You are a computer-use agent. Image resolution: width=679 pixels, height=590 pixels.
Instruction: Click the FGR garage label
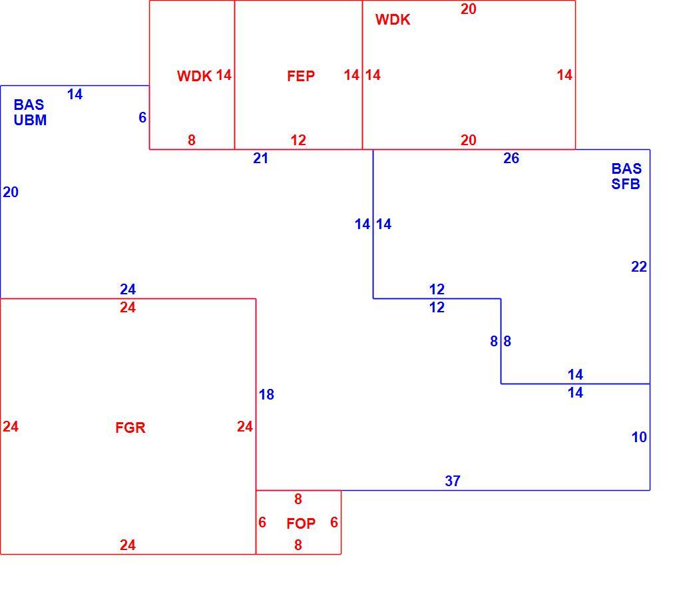coord(130,428)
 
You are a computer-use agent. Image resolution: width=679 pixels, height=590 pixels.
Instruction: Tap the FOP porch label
coord(301,523)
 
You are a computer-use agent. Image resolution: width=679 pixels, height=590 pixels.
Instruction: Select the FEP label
coord(301,76)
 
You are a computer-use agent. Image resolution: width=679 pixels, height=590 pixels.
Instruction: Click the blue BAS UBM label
coord(30,113)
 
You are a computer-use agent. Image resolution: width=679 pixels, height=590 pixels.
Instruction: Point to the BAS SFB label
coord(626,176)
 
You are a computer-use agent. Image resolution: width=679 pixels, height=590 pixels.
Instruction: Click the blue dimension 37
coord(453,481)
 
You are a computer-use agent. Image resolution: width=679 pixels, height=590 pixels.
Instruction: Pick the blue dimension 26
coord(511,158)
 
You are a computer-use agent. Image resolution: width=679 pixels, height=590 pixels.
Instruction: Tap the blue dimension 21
coord(261,158)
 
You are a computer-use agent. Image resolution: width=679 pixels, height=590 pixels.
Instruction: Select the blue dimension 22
coord(639,266)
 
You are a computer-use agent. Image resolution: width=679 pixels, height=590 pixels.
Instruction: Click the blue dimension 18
coord(266,395)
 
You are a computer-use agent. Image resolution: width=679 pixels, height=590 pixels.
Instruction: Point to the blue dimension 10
coord(639,437)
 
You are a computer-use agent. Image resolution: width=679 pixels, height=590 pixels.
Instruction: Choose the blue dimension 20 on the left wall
coord(11,192)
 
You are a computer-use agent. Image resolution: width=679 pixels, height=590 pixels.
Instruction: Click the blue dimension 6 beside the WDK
coord(142,117)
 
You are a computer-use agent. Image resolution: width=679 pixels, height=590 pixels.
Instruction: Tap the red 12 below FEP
coord(298,140)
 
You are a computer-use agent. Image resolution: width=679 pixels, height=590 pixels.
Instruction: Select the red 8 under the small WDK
coord(192,140)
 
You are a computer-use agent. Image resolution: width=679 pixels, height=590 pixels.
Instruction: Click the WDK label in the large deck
coord(393,19)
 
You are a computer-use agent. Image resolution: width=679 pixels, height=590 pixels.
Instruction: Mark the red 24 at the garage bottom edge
coord(128,545)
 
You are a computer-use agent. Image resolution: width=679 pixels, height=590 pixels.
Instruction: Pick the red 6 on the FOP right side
coord(334,522)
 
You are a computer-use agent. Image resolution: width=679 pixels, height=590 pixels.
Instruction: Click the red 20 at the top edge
coord(469,9)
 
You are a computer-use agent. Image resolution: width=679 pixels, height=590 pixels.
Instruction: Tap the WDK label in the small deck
coord(194,76)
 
